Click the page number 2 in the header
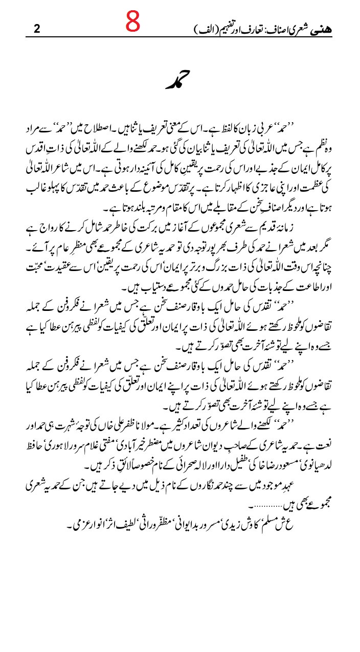[x=36, y=29]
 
